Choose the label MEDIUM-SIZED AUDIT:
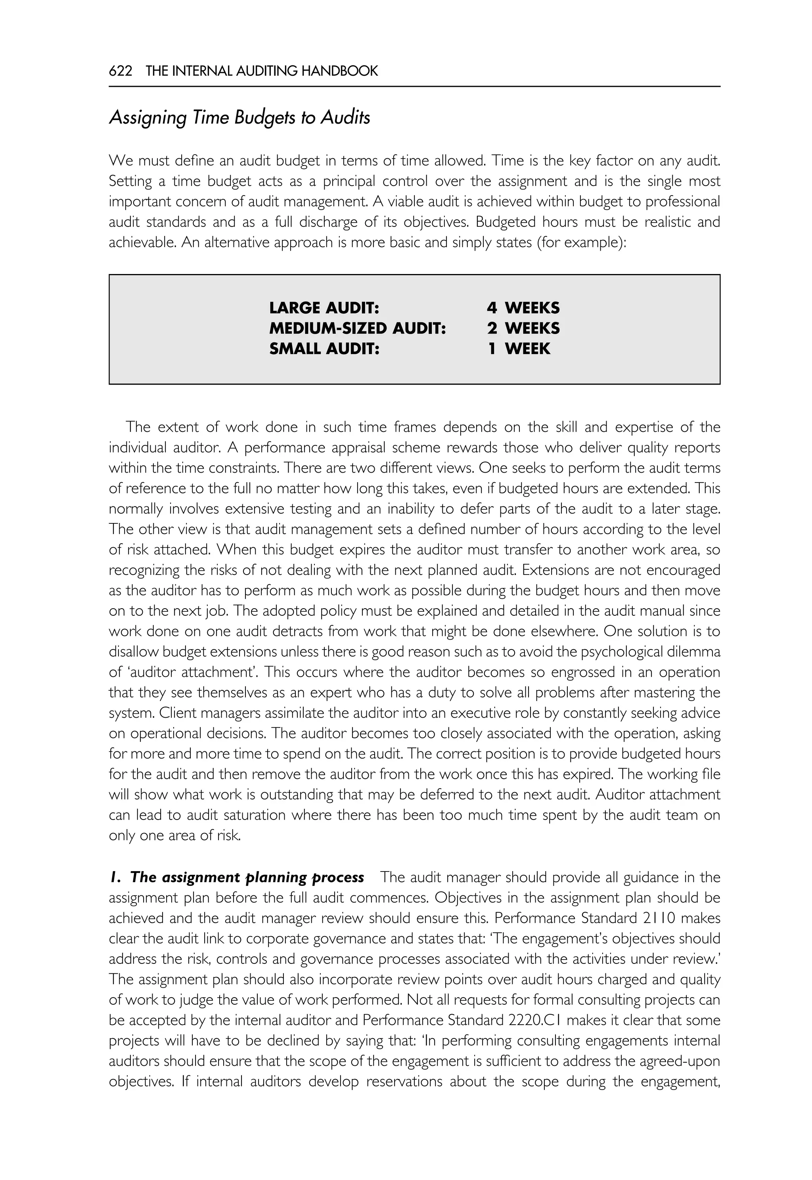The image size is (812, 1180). click(357, 328)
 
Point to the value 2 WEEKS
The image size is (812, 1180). click(523, 328)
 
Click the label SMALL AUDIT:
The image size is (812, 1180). click(324, 349)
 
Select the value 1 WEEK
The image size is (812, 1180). click(519, 349)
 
